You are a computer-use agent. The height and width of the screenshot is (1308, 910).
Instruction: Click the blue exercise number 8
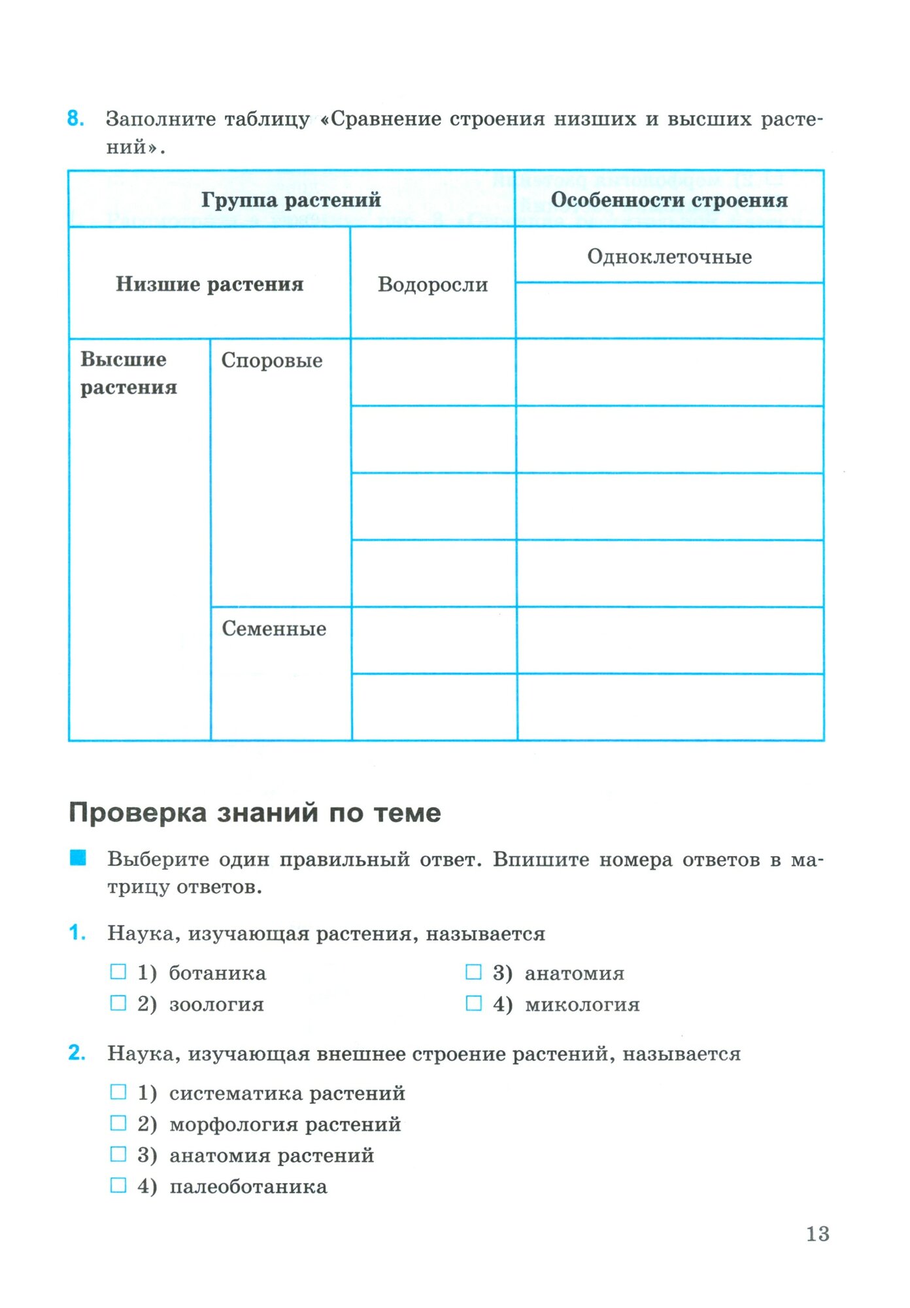tap(75, 118)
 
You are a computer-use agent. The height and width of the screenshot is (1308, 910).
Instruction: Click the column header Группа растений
tap(291, 199)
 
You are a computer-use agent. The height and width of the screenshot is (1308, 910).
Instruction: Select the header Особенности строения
tap(669, 199)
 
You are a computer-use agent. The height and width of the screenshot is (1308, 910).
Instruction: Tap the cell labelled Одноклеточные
tap(669, 256)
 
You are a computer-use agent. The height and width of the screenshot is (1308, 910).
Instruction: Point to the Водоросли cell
tap(433, 284)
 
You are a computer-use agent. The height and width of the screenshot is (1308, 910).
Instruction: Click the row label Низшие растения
tap(209, 284)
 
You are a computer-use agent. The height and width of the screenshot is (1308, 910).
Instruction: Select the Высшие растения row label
tap(128, 373)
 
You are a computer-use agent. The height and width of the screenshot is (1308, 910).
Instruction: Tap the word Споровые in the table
tap(271, 360)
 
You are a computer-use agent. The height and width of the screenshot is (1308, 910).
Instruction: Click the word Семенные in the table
tap(274, 628)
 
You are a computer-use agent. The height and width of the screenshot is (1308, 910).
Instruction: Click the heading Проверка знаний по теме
tap(254, 812)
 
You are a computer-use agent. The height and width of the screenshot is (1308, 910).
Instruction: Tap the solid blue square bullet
tap(78, 857)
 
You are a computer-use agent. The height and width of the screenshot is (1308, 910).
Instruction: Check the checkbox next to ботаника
tap(118, 972)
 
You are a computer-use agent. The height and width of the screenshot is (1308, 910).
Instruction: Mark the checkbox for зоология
tap(118, 1003)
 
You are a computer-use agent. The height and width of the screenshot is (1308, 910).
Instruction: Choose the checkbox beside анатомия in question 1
tap(473, 972)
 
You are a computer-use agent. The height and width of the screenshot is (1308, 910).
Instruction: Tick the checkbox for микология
tap(473, 1003)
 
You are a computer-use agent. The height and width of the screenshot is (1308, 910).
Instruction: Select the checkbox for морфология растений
tap(118, 1123)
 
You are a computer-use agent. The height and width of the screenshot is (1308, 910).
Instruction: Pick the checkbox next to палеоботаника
tap(118, 1185)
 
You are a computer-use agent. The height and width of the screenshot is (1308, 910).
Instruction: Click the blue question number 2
tap(76, 1053)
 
